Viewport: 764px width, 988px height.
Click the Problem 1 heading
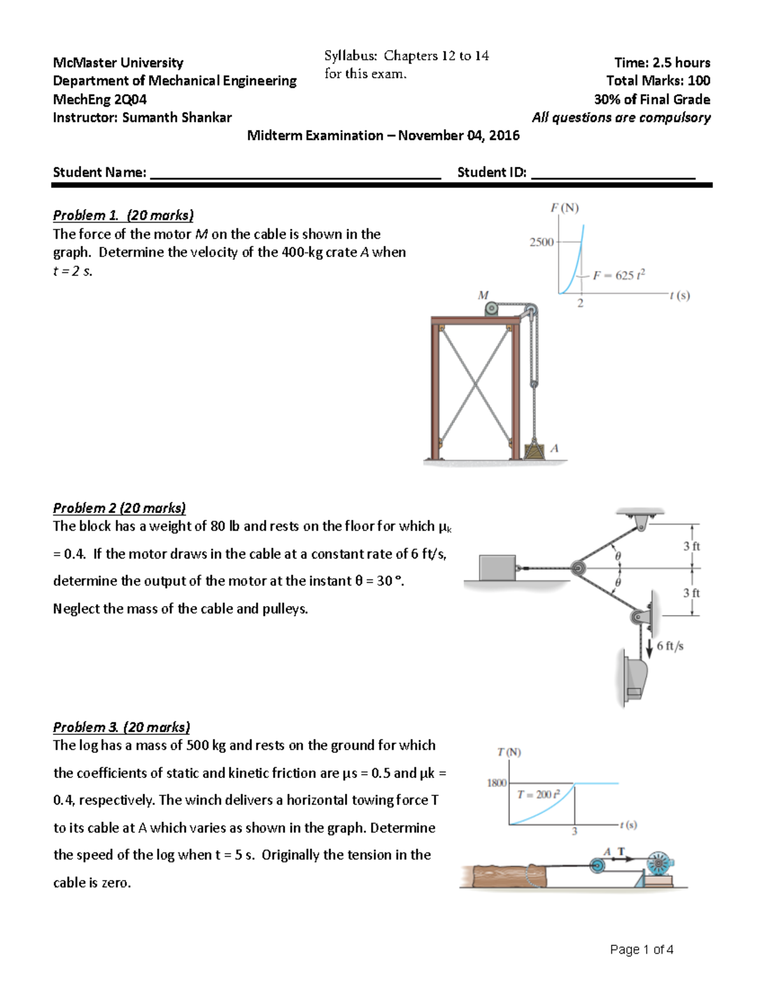pos(123,215)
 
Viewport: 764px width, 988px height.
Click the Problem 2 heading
pos(119,508)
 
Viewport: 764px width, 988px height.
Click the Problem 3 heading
pos(121,727)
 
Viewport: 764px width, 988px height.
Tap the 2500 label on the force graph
pos(541,242)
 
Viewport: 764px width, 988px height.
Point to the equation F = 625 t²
pos(619,275)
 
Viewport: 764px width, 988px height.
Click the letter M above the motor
pos(483,295)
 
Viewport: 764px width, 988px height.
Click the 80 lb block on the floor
pos(497,567)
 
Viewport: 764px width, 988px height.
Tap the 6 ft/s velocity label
pos(670,646)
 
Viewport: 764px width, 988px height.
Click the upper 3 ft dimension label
pos(691,546)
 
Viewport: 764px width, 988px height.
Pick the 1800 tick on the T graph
pos(497,783)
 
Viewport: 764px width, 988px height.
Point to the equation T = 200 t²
pos(538,794)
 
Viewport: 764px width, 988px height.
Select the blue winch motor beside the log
pos(659,864)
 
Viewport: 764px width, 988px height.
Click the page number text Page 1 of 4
pos(641,949)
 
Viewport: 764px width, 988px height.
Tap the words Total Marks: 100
pos(658,81)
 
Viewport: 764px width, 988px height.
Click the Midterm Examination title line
pos(383,136)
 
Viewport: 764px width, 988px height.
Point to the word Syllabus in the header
pos(350,56)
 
